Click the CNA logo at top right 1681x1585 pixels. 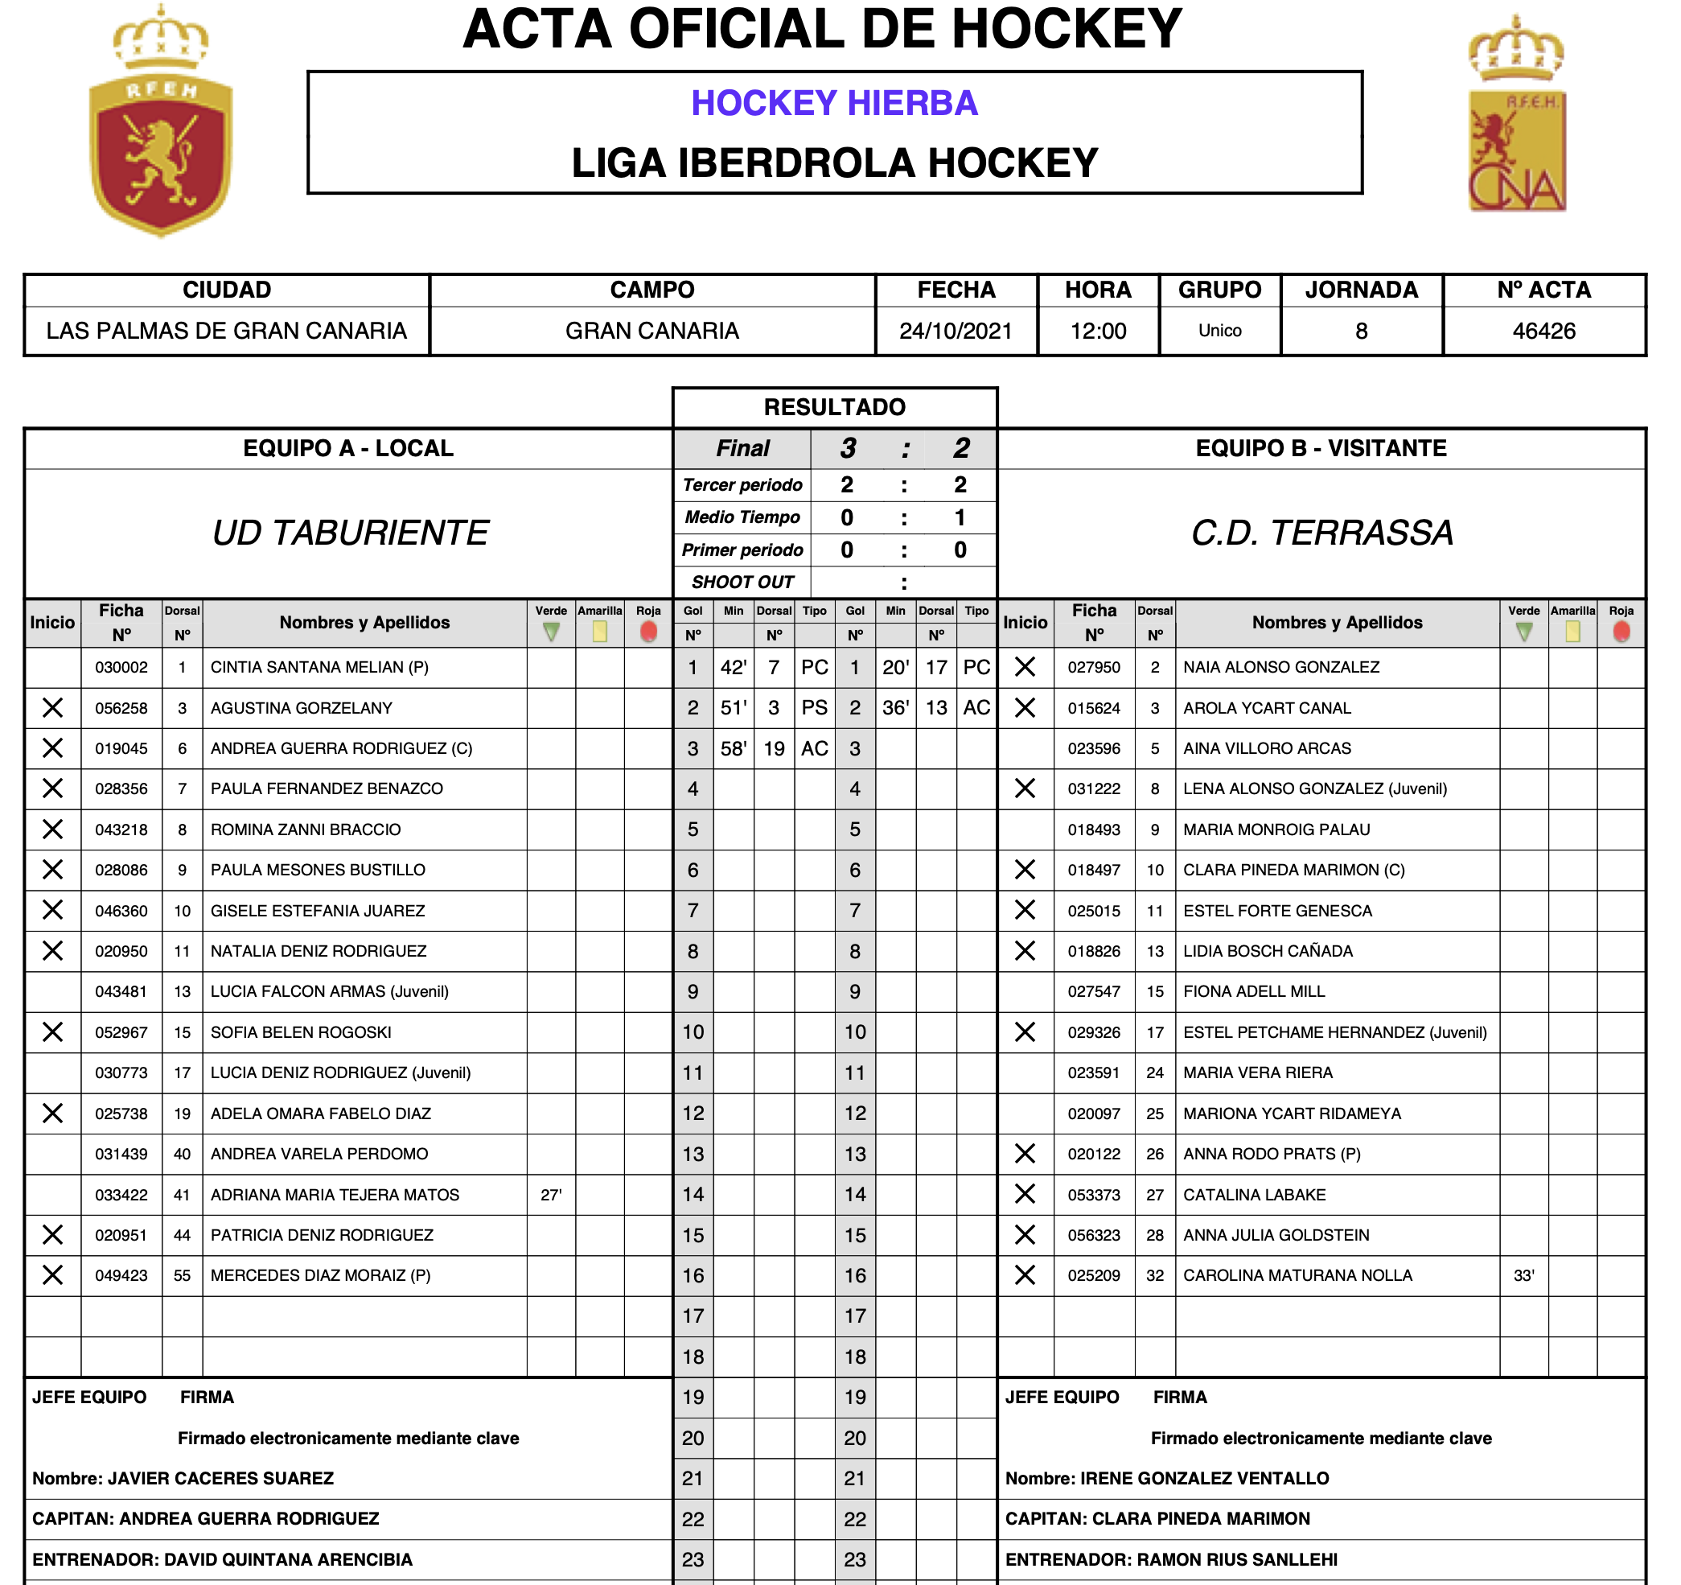1517,118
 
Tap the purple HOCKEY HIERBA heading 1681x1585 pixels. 834,103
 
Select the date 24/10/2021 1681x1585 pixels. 956,331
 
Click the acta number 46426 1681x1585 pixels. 1543,331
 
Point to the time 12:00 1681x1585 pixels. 1098,331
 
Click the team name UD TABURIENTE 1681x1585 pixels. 350,533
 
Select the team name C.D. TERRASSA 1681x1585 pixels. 1321,533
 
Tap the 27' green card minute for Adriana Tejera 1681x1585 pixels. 550,1194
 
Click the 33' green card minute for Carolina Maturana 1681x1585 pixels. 1523,1275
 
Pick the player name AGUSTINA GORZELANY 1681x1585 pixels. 301,708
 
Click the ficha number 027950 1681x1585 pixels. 1093,667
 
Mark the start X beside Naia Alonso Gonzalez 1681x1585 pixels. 1025,667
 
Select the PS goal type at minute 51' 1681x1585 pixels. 814,708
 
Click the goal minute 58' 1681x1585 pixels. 733,748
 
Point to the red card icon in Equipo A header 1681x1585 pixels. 648,632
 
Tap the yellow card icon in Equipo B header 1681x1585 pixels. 1572,632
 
